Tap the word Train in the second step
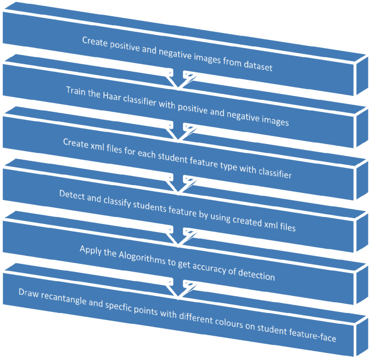pyautogui.click(x=77, y=89)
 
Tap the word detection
pyautogui.click(x=255, y=274)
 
